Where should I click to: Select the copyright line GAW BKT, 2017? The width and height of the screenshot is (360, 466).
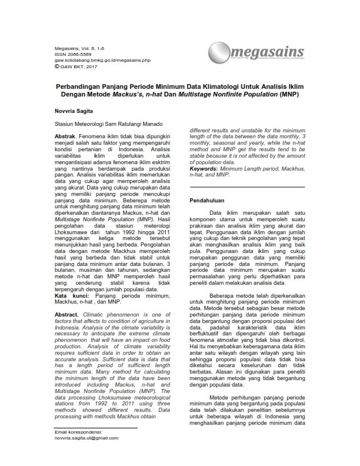coord(77,66)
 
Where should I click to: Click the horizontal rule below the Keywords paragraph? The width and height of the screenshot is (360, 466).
coord(247,187)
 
